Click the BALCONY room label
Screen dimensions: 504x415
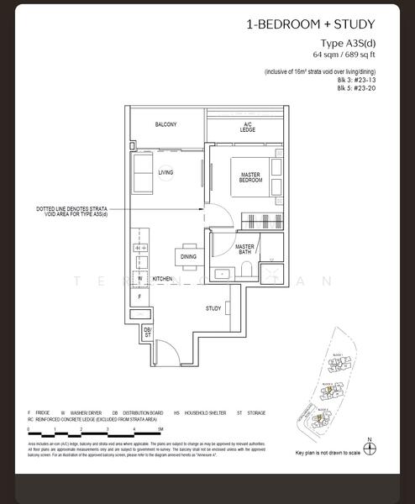165,125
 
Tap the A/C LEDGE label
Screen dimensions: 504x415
247,127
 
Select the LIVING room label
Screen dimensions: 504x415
165,173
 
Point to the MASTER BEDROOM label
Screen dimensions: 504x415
250,177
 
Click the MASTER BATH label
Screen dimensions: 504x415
244,249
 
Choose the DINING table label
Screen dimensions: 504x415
188,257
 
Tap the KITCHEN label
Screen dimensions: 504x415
162,278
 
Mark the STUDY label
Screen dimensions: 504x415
213,308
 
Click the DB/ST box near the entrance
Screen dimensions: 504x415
147,333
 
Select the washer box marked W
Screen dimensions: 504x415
139,279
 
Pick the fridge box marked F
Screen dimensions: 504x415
139,297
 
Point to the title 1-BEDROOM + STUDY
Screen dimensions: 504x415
310,25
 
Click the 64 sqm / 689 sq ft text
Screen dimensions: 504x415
344,55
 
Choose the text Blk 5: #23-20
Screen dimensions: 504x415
356,88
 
